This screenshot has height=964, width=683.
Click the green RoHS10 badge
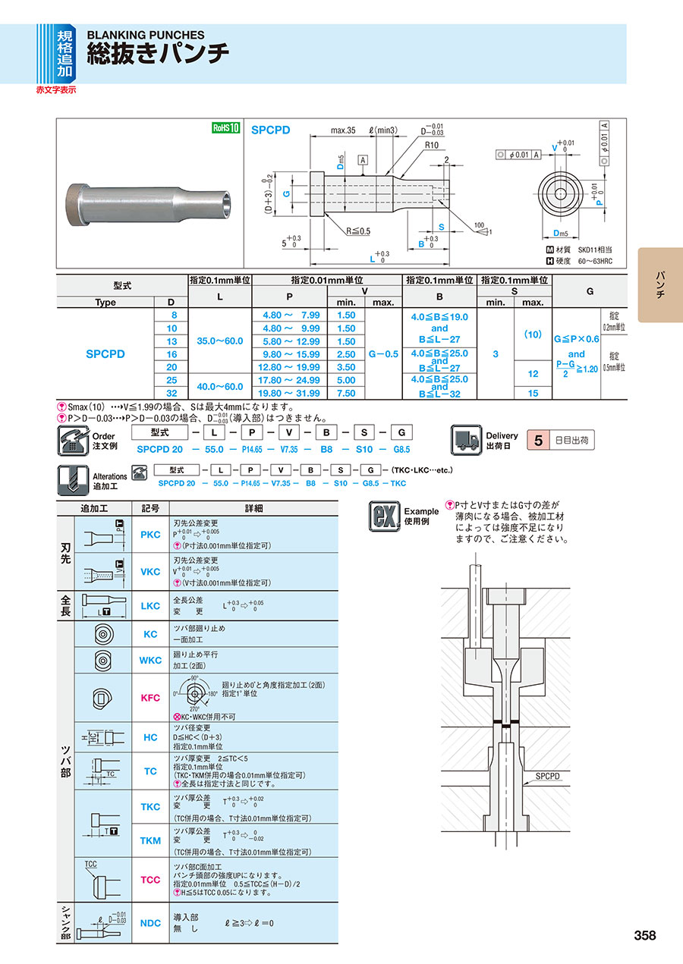(225, 128)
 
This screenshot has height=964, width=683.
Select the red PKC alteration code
(150, 535)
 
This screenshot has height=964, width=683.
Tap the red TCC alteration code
(150, 880)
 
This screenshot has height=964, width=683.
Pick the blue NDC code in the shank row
(150, 923)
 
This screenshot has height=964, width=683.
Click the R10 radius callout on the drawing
(433, 145)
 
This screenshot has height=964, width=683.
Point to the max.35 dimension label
(343, 130)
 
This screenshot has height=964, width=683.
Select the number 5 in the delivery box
(538, 439)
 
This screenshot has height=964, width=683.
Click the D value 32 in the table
(172, 393)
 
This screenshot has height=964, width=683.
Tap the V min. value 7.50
(346, 393)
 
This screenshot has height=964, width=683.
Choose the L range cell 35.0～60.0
(219, 341)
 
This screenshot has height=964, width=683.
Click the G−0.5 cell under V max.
(382, 353)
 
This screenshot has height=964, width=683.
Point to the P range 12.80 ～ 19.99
(291, 366)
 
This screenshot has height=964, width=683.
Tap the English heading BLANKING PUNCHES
(146, 35)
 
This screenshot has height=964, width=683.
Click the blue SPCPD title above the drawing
(271, 130)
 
